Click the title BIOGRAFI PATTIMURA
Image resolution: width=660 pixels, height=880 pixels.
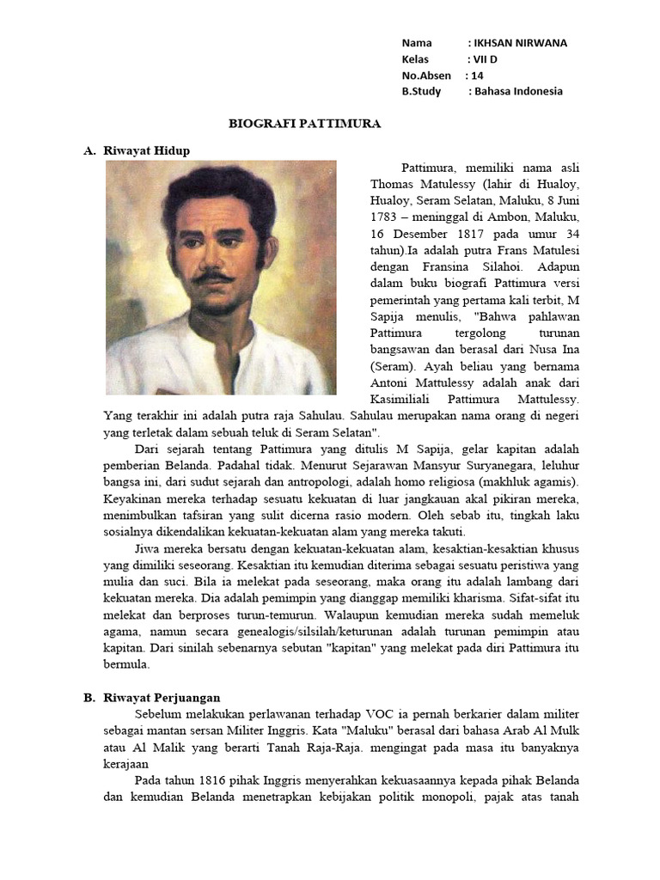(x=304, y=124)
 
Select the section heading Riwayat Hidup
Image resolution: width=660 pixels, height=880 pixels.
(x=146, y=150)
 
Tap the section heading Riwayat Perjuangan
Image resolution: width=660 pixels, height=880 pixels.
(x=162, y=698)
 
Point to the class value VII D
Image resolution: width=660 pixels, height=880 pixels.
(x=485, y=59)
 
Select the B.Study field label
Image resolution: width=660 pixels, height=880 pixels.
(x=421, y=92)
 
